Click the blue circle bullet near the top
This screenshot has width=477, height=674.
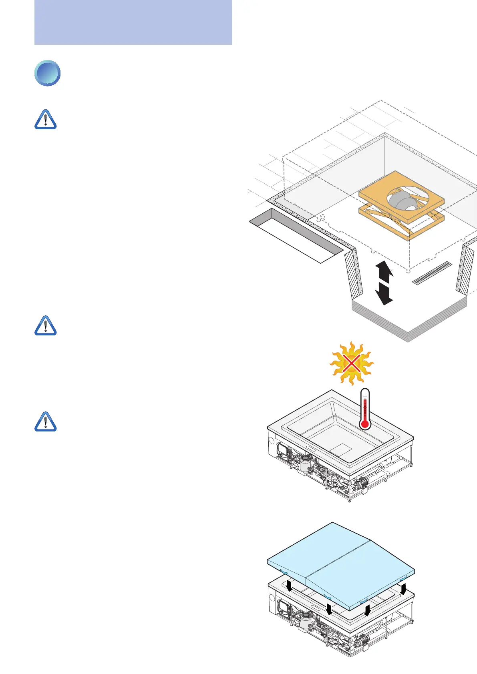point(47,73)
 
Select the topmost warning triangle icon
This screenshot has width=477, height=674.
point(46,120)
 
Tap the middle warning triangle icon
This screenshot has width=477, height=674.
point(46,325)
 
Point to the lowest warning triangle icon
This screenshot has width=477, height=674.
point(46,421)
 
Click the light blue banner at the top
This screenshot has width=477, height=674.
point(133,22)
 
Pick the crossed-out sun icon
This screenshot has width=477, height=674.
point(351,363)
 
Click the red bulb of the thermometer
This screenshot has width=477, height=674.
point(364,424)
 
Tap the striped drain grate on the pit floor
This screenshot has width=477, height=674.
point(432,273)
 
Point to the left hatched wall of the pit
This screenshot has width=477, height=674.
point(354,273)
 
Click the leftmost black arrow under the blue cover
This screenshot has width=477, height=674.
point(289,586)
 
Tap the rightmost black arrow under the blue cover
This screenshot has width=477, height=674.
point(403,589)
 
